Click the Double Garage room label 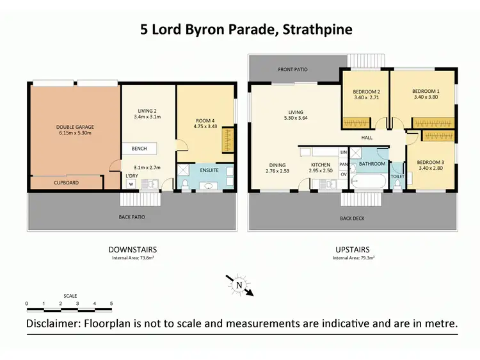coord(75,127)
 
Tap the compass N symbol coord(239,285)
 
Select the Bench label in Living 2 coord(140,149)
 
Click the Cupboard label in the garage coord(66,183)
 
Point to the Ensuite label coord(209,170)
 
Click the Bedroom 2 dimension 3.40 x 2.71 coord(367,97)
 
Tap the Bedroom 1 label coord(426,91)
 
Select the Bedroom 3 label coord(431,162)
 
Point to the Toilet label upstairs coord(397,176)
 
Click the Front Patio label coord(292,70)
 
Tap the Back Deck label coord(353,218)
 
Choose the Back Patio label coord(132,217)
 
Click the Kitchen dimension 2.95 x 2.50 coord(321,170)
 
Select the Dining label coord(278,165)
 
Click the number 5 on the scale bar coord(111,304)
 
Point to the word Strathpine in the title coord(317,29)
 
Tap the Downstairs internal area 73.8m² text coord(133,258)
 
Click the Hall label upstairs coord(367,138)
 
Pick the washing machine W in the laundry coord(131,184)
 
